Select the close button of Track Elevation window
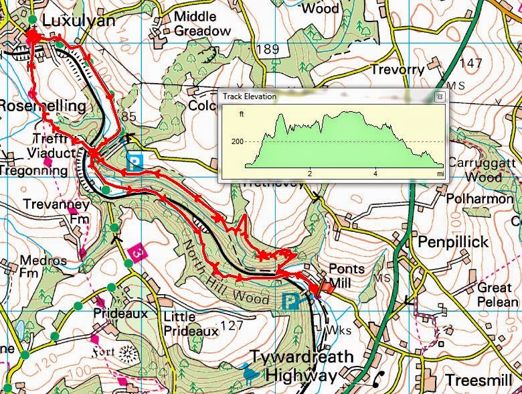click(x=439, y=96)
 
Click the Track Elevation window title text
click(x=250, y=96)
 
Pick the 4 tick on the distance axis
click(x=375, y=174)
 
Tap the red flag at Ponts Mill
click(x=326, y=286)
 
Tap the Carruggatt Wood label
click(x=476, y=171)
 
